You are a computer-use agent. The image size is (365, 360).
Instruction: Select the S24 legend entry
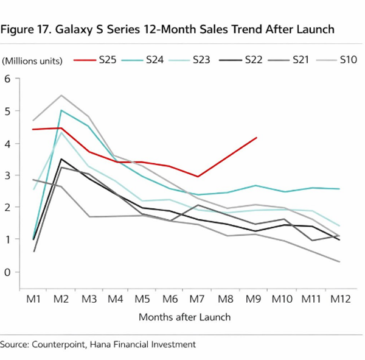[155, 60]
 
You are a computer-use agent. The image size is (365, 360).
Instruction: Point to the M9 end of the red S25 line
[257, 138]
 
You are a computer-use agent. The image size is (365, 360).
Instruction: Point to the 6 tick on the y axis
[8, 79]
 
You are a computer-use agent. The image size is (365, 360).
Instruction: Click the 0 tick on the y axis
[8, 272]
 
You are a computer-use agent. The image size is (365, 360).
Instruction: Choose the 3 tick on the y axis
[8, 175]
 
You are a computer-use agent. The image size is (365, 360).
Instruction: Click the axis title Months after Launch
[184, 317]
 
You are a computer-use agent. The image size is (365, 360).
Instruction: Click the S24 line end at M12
[339, 189]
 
